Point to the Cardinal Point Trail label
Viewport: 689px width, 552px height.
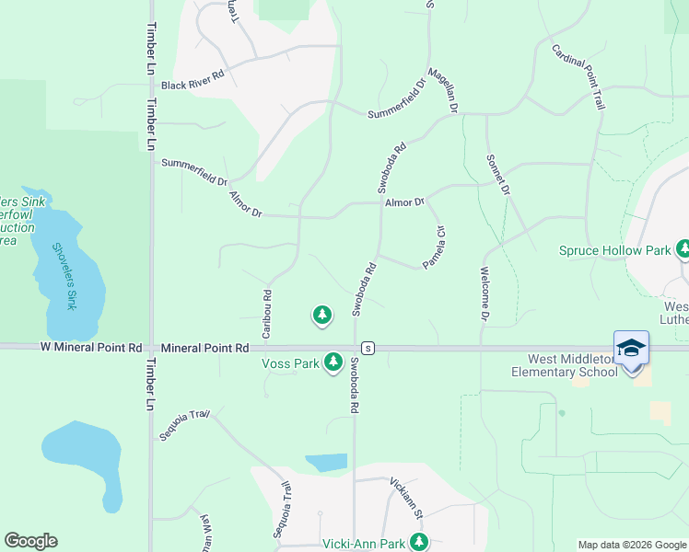tap(578, 77)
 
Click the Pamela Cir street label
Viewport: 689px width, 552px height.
tap(434, 247)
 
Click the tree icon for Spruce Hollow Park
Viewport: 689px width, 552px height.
tap(683, 249)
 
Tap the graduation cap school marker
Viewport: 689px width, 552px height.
tap(631, 348)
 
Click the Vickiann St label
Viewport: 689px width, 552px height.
tap(405, 496)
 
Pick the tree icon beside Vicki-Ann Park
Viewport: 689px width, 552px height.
tap(419, 542)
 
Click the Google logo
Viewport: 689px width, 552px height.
tap(29, 541)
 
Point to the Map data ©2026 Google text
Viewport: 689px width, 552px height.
tap(631, 545)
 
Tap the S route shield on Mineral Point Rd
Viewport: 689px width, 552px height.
tap(368, 348)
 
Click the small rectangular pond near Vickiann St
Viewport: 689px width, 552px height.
tap(326, 463)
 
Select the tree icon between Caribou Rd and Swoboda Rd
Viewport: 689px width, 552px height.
tap(321, 316)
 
